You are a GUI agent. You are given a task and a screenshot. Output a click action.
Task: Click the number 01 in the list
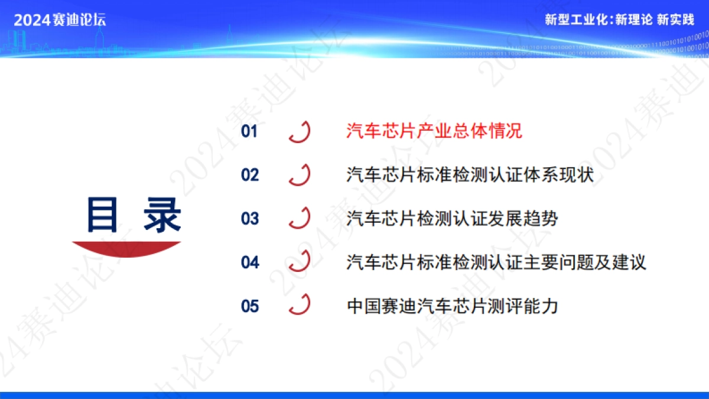(x=249, y=131)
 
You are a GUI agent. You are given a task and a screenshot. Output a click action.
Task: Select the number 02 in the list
(x=249, y=175)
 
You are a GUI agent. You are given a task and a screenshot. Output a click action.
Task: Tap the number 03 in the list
(x=249, y=219)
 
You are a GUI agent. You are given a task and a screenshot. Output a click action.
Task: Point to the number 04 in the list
(x=250, y=262)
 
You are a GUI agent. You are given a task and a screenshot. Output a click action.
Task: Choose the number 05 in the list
(x=250, y=306)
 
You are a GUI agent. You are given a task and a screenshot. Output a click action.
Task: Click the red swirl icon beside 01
(x=300, y=131)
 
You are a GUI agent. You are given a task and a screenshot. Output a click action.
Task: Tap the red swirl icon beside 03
(x=300, y=218)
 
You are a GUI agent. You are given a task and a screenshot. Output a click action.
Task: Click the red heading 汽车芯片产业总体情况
(x=434, y=131)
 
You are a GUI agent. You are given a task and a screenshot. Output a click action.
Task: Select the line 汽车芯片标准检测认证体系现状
(x=470, y=175)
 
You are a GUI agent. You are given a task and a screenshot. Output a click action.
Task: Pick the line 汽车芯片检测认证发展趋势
(x=452, y=219)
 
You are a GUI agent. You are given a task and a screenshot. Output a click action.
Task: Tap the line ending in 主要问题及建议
(x=496, y=262)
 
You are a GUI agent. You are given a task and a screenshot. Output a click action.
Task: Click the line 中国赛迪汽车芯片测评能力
(x=452, y=306)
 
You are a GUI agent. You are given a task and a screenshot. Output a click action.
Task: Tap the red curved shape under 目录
(x=126, y=249)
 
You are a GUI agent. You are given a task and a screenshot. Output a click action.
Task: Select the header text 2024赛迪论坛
(x=60, y=20)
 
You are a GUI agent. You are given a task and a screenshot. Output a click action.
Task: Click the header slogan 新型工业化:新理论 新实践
(x=619, y=20)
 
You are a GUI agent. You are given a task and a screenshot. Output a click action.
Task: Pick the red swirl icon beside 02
(x=300, y=174)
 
